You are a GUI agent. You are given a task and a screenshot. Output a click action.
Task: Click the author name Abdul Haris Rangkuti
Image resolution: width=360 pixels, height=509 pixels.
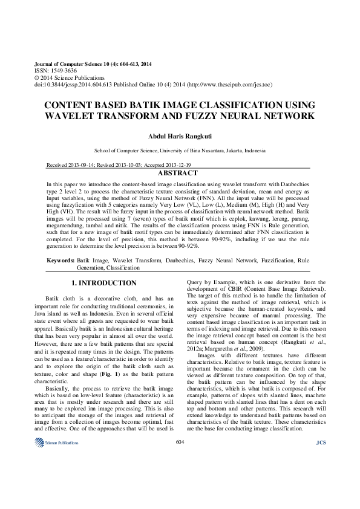click(180, 135)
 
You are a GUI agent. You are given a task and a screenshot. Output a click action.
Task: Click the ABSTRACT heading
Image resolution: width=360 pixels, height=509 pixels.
click(180, 173)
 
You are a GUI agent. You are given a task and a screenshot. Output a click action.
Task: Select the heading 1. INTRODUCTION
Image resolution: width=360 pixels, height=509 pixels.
click(104, 283)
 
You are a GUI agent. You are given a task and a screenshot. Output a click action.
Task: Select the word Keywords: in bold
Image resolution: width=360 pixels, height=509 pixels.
click(61, 260)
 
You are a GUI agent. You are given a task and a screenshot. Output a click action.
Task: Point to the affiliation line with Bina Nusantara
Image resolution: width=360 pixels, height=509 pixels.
click(180, 151)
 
